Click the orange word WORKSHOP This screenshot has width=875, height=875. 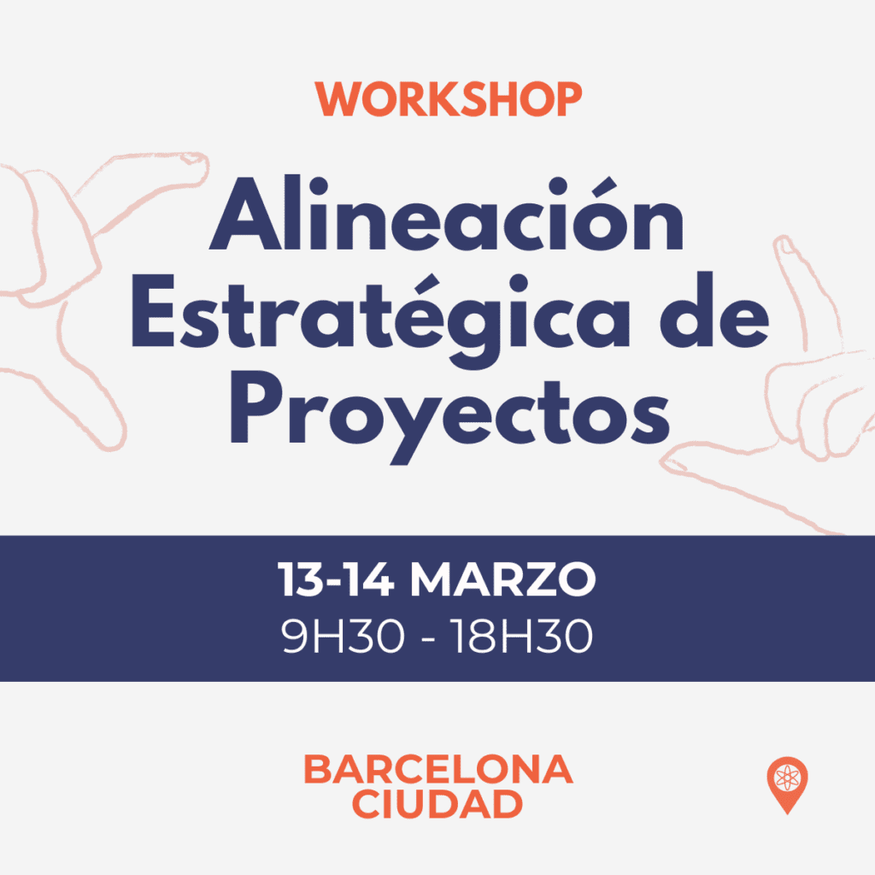point(448,99)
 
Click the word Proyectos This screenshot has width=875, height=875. point(449,416)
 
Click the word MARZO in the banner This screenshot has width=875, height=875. point(502,579)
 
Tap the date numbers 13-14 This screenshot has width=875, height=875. point(336,579)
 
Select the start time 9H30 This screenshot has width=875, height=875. point(343,636)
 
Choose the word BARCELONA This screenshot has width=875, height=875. point(438,770)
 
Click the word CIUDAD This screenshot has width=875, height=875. point(437,804)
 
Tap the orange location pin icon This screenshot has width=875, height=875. point(787,785)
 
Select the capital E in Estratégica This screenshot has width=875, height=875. point(153,310)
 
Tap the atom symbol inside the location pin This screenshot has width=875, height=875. point(787,778)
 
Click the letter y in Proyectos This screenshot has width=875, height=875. point(410,427)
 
